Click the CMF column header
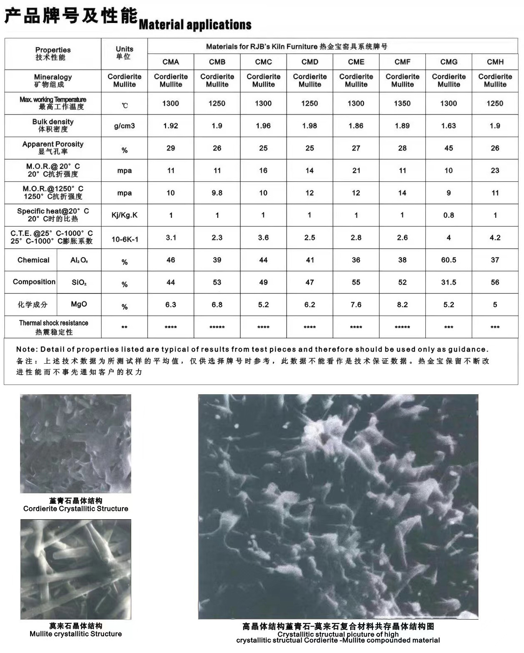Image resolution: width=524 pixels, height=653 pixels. click(402, 62)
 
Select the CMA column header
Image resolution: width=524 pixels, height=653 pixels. click(170, 62)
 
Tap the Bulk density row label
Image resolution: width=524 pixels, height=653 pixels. click(53, 125)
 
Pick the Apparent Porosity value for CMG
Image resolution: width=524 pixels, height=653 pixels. click(449, 148)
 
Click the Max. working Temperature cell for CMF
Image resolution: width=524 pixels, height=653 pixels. click(402, 103)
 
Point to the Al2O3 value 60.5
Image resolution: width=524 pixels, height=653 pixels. click(449, 260)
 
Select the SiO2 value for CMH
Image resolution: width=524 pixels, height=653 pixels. click(495, 282)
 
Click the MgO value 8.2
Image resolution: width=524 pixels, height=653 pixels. click(402, 305)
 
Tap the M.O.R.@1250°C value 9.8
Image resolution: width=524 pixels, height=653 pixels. click(217, 193)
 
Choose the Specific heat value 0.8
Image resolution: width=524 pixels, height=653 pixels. click(449, 215)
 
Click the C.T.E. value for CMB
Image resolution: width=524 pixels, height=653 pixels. click(217, 237)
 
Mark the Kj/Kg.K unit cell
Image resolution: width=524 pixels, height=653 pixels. click(125, 215)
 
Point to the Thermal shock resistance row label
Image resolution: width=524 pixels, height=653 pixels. click(53, 327)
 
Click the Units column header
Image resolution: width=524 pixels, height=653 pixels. click(124, 53)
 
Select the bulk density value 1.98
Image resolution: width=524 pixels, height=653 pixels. click(310, 126)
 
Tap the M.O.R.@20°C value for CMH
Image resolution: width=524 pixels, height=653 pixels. click(495, 171)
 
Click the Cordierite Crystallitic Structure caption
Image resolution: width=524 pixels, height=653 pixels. click(76, 509)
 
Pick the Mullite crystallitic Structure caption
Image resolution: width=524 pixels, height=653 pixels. click(76, 634)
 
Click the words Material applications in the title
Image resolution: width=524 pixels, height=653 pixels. click(195, 25)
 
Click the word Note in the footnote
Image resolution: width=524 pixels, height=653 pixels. click(25, 349)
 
